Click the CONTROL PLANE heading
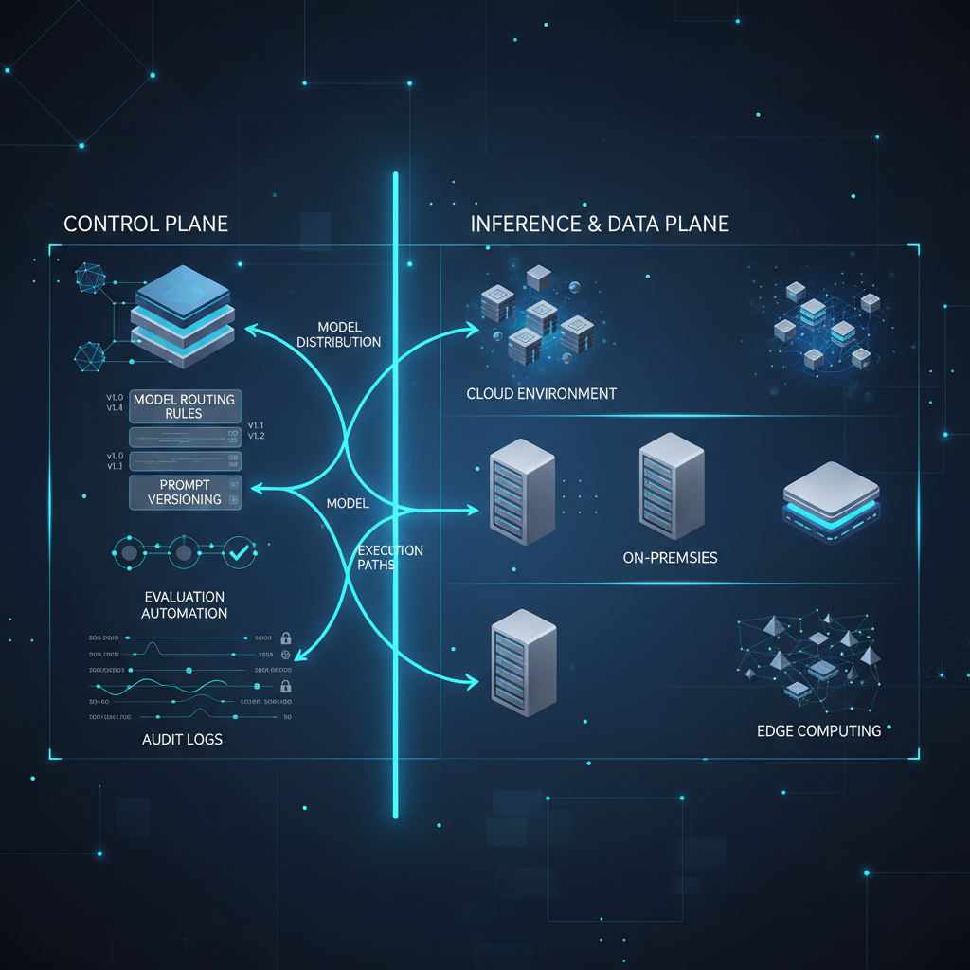[146, 224]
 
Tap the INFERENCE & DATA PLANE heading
[600, 224]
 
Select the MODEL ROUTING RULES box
[185, 406]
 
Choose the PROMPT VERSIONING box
[185, 492]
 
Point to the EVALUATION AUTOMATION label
[185, 604]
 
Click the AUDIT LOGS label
[181, 738]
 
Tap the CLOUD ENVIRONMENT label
[541, 393]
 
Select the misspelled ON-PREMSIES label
[670, 557]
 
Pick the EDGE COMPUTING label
[818, 730]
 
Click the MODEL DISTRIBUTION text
[338, 334]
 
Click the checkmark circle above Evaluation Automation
[239, 552]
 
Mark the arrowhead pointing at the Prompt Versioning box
[253, 489]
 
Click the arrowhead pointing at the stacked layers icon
[250, 329]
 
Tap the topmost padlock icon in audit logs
[286, 638]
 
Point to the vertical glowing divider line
[395, 493]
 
